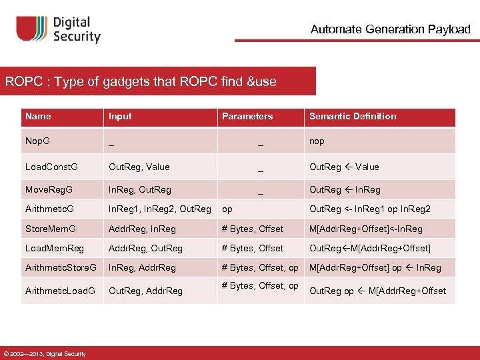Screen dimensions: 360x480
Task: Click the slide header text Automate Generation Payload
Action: [390, 29]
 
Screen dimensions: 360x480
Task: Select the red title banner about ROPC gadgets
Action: [158, 81]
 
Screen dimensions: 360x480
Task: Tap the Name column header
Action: [38, 116]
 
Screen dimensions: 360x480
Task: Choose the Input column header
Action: [120, 116]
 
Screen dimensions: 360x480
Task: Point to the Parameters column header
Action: [247, 116]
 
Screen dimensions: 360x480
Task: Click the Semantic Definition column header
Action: [353, 116]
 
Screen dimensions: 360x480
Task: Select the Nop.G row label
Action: [37, 141]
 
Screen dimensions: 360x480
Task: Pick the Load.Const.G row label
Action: [51, 167]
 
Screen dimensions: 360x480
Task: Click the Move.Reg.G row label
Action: [49, 190]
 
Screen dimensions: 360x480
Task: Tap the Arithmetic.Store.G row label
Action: [61, 267]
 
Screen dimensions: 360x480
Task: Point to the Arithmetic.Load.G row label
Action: [60, 291]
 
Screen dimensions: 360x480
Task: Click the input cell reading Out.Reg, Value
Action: [139, 167]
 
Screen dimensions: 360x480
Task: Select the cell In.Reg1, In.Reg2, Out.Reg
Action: [160, 209]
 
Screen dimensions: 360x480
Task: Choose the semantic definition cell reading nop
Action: [317, 141]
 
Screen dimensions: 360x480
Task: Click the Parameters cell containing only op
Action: [227, 209]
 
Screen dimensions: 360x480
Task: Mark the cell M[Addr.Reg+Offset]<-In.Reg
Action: [366, 229]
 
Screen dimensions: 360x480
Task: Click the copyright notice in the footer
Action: [45, 353]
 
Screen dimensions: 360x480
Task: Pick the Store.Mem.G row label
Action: [51, 229]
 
